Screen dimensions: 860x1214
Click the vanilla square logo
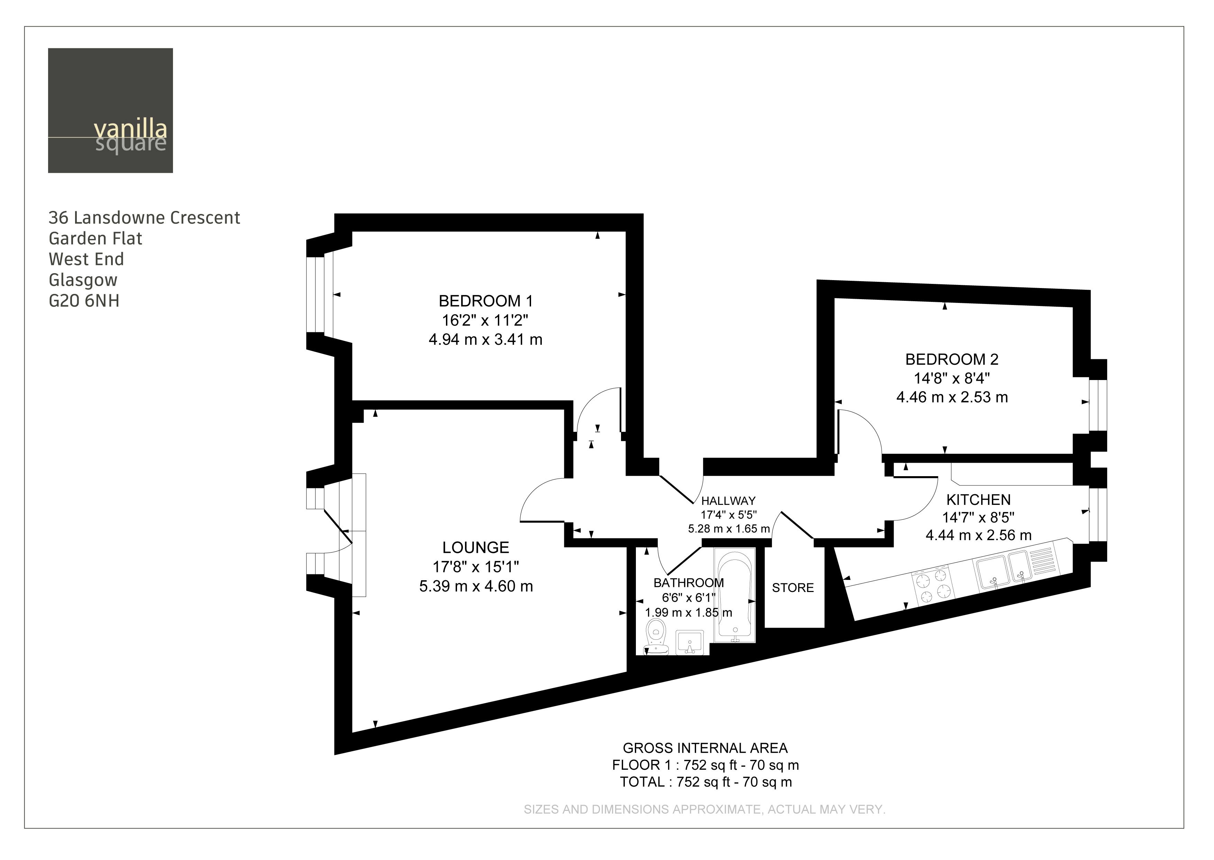point(110,110)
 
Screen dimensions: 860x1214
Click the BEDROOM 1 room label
point(485,301)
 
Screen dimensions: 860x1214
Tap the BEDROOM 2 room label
point(951,359)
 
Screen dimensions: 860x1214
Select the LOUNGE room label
point(476,547)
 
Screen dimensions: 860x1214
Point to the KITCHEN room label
point(978,499)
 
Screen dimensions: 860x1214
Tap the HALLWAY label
point(728,500)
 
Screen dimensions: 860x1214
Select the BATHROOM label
point(688,583)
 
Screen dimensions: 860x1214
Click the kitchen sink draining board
point(1043,560)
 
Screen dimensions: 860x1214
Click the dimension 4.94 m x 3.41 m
point(485,340)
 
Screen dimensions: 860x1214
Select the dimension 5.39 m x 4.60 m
point(476,586)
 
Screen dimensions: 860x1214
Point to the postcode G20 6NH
point(84,301)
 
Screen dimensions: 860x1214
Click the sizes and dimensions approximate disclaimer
point(704,809)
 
